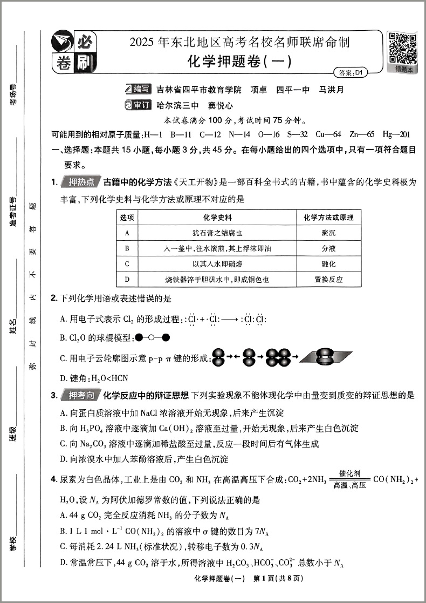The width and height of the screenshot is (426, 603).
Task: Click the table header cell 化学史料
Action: tap(217, 218)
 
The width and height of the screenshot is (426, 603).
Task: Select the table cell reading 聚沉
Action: tap(328, 233)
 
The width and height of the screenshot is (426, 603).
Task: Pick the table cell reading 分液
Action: tap(328, 248)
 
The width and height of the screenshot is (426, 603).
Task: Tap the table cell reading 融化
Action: tap(328, 264)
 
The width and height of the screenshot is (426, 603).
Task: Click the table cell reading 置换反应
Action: tap(328, 280)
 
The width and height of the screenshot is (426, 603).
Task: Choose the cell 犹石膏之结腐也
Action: tap(217, 233)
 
